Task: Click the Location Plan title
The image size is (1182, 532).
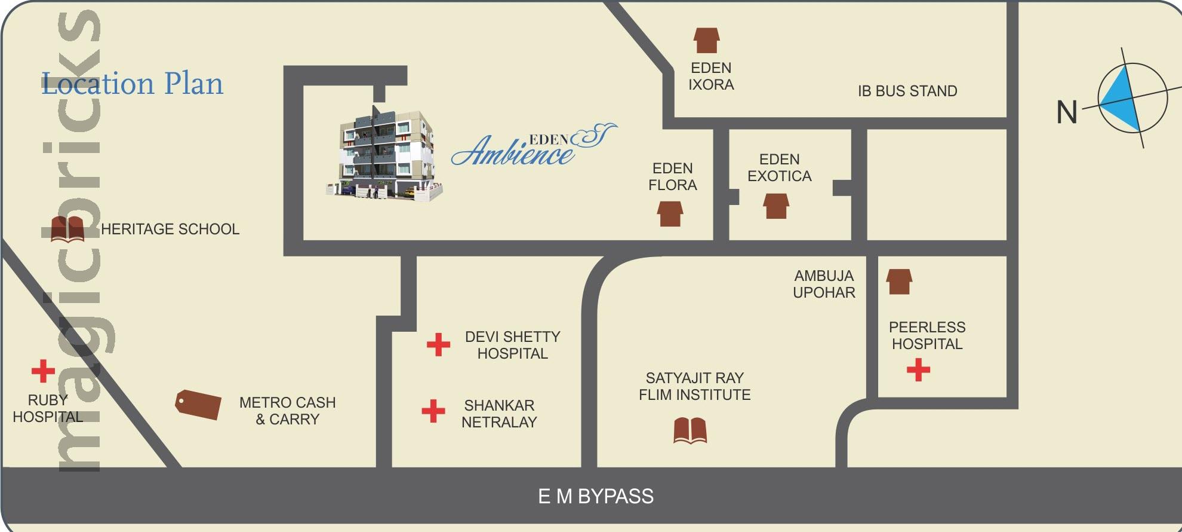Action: click(x=132, y=84)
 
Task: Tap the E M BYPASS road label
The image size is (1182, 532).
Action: click(x=596, y=496)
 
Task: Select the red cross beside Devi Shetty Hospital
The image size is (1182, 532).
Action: click(x=438, y=345)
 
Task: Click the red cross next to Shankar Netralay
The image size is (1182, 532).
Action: click(x=433, y=411)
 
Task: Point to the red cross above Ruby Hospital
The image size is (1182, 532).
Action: click(x=43, y=371)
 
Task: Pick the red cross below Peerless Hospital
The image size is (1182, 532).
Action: click(x=918, y=369)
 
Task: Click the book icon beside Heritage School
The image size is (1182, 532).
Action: click(x=67, y=229)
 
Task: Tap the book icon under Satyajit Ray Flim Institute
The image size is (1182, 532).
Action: click(x=690, y=430)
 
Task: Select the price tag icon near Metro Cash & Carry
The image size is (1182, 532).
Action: click(x=198, y=405)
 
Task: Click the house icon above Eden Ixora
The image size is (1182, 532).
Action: click(x=707, y=41)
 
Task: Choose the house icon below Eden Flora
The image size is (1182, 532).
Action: click(x=670, y=213)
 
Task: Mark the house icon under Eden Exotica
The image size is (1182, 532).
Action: click(x=776, y=206)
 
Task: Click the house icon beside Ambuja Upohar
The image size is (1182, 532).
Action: click(x=899, y=282)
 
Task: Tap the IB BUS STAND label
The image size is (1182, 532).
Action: click(x=907, y=91)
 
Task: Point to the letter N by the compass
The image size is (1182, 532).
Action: click(x=1067, y=112)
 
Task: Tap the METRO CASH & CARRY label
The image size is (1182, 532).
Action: click(x=287, y=411)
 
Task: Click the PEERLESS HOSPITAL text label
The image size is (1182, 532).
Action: click(x=927, y=335)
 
